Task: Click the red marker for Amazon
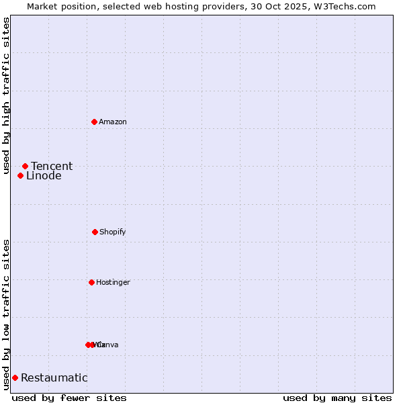pos(94,122)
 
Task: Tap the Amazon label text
pos(113,122)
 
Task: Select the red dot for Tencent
pos(25,166)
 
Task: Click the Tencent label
pos(52,166)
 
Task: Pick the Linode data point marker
pos(20,175)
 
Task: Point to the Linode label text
pos(44,176)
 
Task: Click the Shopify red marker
pos(95,232)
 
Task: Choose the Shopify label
pos(113,232)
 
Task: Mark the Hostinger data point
pos(91,282)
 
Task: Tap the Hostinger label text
pos(113,282)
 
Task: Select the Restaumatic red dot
pos(15,377)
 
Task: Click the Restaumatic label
pos(54,377)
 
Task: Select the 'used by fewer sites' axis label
pos(69,398)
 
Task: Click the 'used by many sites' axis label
pos(337,398)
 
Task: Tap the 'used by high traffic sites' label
pos(7,96)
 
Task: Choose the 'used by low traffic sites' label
pos(7,314)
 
